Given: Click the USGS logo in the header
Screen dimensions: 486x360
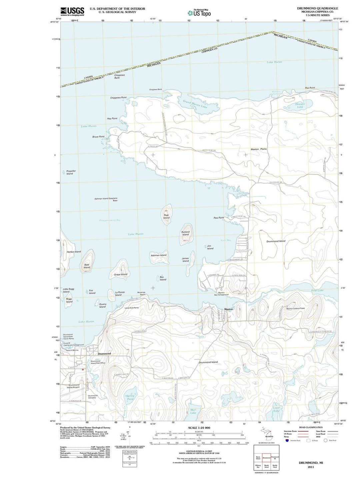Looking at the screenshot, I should coord(72,11).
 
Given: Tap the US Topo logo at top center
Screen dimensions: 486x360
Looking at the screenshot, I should coord(199,13).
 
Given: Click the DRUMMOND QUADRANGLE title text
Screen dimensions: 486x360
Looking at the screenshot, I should coord(317,8).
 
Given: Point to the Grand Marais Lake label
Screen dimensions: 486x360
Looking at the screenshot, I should coord(195,104).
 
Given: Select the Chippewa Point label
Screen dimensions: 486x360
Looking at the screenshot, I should coord(118,98).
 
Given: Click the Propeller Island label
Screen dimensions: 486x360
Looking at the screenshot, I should coord(71,172).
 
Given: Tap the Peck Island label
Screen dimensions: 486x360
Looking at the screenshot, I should coord(166,216).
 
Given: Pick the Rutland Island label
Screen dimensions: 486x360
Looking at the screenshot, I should coord(185,233).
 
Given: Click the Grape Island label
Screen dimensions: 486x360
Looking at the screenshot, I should coord(120,274).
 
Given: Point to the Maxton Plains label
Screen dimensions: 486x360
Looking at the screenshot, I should coord(259,149).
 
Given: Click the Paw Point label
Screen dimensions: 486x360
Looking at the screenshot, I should coord(219,218).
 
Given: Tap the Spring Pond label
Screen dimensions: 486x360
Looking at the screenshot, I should coord(130,397).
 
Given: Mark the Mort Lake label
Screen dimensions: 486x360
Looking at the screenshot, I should coord(193,411).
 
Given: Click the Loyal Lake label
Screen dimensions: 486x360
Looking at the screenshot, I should coord(276,409).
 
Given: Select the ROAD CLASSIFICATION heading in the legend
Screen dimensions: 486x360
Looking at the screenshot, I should coord(311,427).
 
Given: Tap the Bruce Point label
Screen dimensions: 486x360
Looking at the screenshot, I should coord(98,137).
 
